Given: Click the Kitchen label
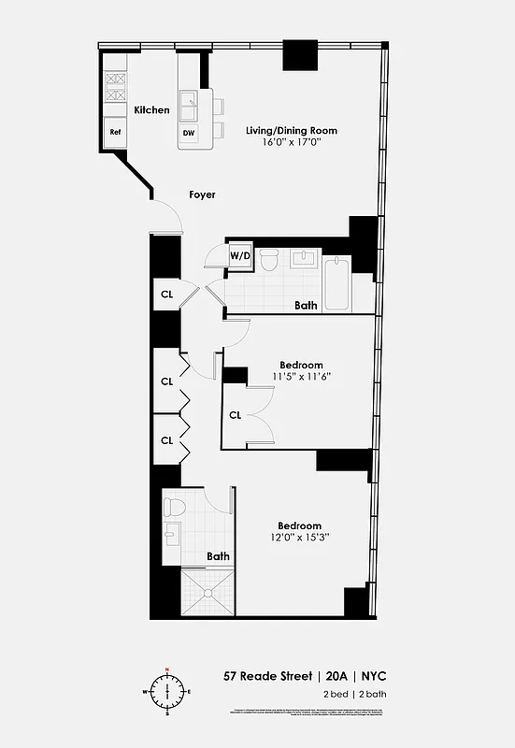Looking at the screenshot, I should pyautogui.click(x=152, y=109).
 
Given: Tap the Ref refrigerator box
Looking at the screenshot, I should pyautogui.click(x=116, y=132).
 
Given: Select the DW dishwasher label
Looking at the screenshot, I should pyautogui.click(x=188, y=133).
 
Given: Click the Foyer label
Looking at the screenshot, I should pyautogui.click(x=202, y=194).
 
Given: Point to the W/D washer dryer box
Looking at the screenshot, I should pyautogui.click(x=240, y=255).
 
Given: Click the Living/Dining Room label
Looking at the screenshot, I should pyautogui.click(x=291, y=130).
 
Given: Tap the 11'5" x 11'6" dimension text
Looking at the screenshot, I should pyautogui.click(x=302, y=377).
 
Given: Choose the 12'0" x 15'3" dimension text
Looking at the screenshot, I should pyautogui.click(x=299, y=539).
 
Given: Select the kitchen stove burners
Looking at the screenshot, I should pyautogui.click(x=115, y=87).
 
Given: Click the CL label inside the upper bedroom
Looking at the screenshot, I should pyautogui.click(x=235, y=414).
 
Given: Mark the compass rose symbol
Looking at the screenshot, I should pyautogui.click(x=167, y=692).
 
